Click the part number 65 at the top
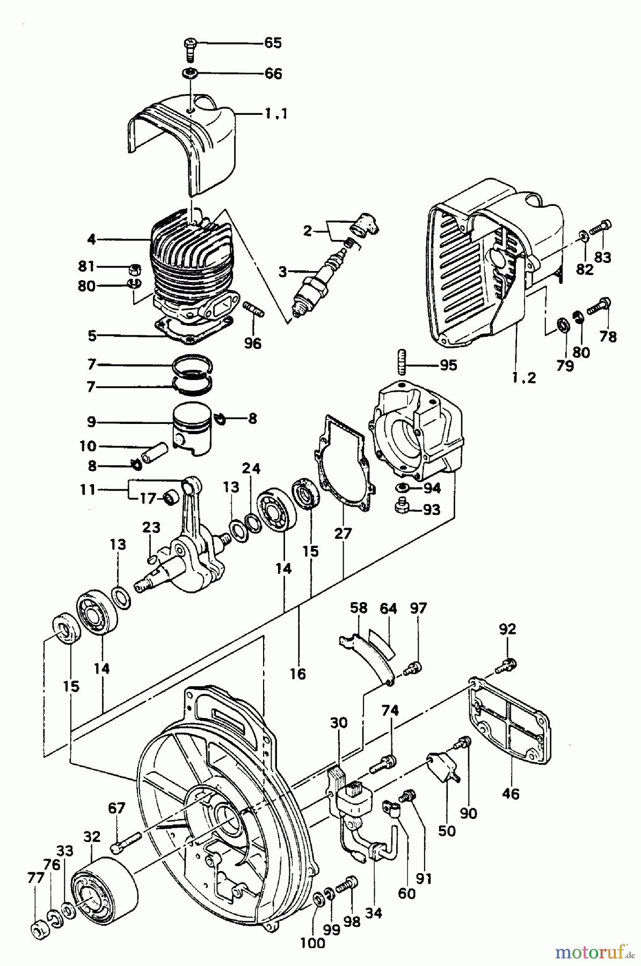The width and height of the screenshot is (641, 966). tap(273, 43)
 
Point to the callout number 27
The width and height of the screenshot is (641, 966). tap(343, 533)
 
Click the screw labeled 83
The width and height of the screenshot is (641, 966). tap(600, 230)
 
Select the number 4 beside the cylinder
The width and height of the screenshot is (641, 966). tap(92, 239)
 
